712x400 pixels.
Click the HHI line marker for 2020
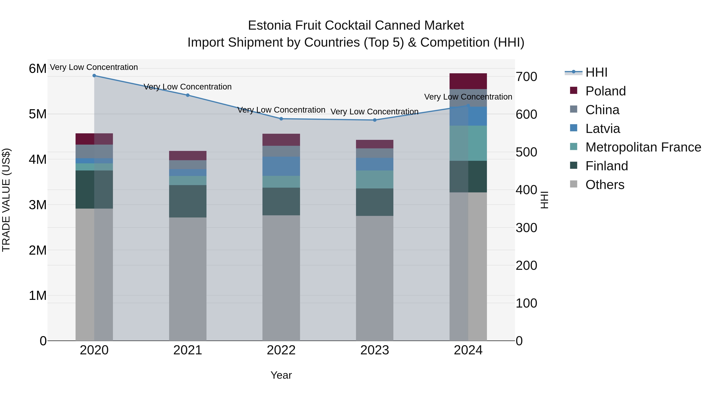(x=94, y=76)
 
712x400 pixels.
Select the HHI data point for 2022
(x=281, y=119)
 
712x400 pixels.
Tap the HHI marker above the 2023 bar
(x=375, y=120)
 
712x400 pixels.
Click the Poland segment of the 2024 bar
(x=468, y=81)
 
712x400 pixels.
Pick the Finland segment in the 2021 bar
(x=188, y=201)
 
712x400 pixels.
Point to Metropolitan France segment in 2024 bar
(x=468, y=143)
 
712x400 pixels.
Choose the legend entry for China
(x=602, y=110)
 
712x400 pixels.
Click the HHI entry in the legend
(x=596, y=72)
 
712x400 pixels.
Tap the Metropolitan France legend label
(x=643, y=147)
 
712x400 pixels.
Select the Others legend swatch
(x=574, y=184)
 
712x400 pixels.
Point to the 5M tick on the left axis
(x=38, y=114)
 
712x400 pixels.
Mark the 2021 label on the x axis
(x=188, y=350)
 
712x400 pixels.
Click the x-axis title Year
(x=281, y=375)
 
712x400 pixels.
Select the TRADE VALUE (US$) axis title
(x=6, y=200)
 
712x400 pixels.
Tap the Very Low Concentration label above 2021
(x=188, y=87)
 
